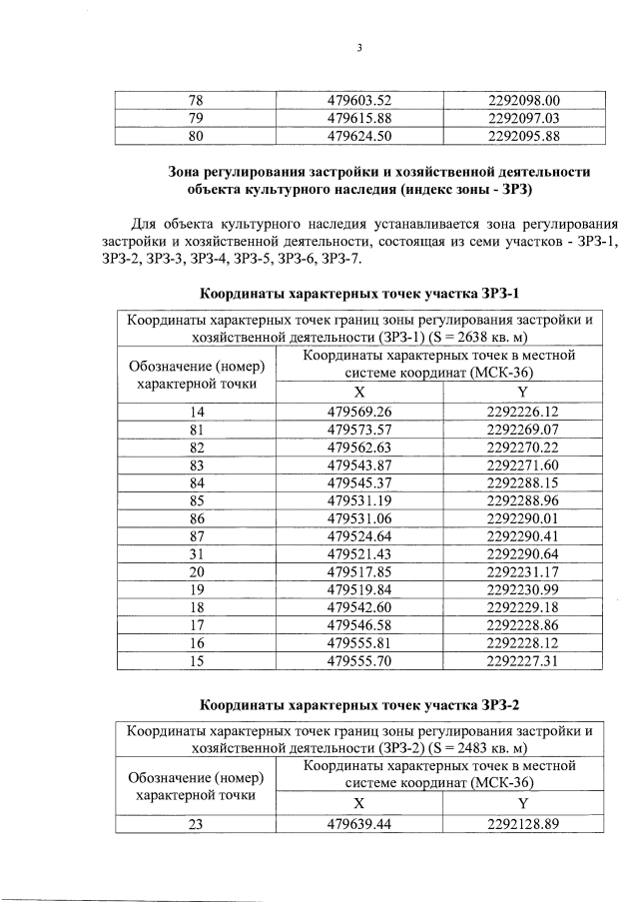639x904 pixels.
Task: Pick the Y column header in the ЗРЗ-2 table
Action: [x=524, y=804]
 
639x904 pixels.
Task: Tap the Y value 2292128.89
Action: [x=524, y=823]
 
